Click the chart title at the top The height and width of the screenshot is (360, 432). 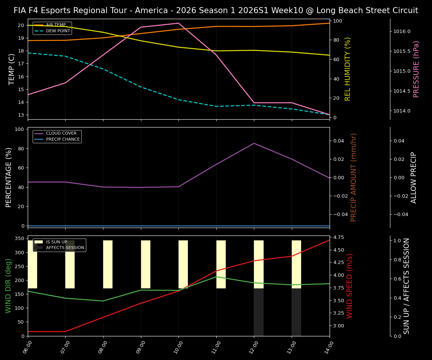click(x=216, y=10)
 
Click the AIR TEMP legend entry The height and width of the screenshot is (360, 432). click(x=55, y=25)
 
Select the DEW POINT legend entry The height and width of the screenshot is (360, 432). click(x=58, y=31)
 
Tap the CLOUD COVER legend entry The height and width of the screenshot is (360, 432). click(x=61, y=133)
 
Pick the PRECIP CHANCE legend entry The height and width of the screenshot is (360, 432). click(x=63, y=139)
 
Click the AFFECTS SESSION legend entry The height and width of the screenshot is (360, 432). click(x=65, y=247)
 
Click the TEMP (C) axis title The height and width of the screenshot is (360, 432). click(x=12, y=69)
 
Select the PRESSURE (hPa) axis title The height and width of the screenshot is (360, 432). click(x=416, y=69)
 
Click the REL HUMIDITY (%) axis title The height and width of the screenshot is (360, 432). click(x=348, y=69)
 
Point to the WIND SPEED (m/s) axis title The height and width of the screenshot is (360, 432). click(x=349, y=286)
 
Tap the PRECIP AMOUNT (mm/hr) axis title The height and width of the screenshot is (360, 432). click(x=354, y=177)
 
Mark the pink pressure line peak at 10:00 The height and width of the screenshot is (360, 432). click(x=178, y=23)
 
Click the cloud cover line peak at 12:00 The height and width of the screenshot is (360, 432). click(x=254, y=143)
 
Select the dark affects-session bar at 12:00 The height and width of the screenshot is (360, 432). click(x=258, y=312)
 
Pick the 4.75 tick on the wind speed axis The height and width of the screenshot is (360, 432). click(x=339, y=237)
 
